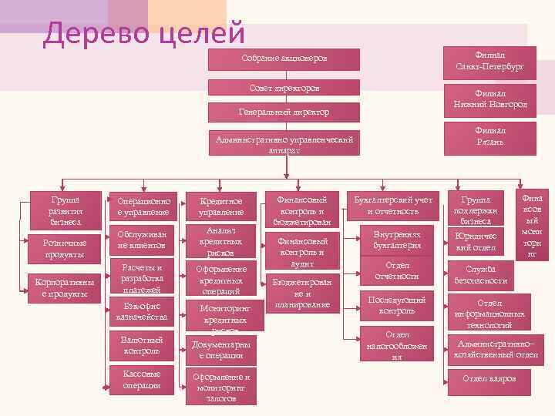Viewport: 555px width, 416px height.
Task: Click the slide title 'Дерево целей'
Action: (x=144, y=33)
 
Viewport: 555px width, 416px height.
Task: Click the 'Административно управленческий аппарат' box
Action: (x=284, y=145)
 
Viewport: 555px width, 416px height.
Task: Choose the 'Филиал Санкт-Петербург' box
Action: (x=489, y=62)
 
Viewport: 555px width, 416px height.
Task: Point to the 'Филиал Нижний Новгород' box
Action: (x=489, y=99)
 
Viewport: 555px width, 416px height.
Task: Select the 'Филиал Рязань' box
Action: (x=489, y=136)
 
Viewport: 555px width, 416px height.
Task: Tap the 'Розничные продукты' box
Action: (x=63, y=249)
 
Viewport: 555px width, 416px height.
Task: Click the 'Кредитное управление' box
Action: (x=220, y=206)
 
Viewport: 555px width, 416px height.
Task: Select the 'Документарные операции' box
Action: (x=220, y=351)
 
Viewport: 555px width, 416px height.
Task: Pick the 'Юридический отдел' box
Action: (x=480, y=241)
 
